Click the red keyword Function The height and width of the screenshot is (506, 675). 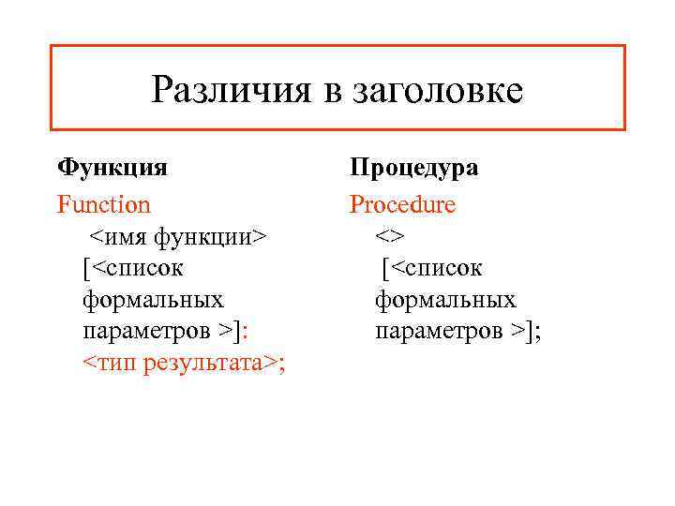(104, 203)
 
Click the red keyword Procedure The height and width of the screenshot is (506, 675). (403, 203)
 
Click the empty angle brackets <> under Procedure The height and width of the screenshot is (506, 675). (390, 236)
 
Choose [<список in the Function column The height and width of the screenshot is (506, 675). (133, 268)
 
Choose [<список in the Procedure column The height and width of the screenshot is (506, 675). (431, 268)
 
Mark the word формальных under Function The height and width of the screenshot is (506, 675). (154, 300)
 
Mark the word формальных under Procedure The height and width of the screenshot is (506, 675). (445, 300)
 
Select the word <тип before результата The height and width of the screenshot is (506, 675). (111, 364)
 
